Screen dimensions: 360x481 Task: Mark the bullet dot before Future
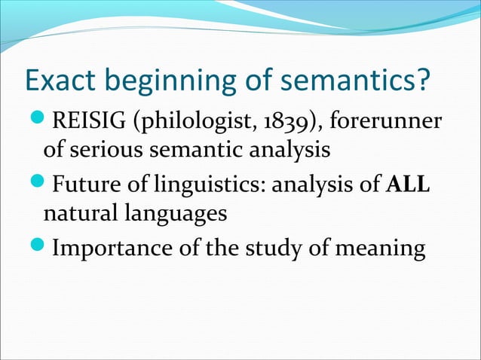tap(35, 185)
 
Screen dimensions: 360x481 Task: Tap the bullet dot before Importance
tap(35, 248)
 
